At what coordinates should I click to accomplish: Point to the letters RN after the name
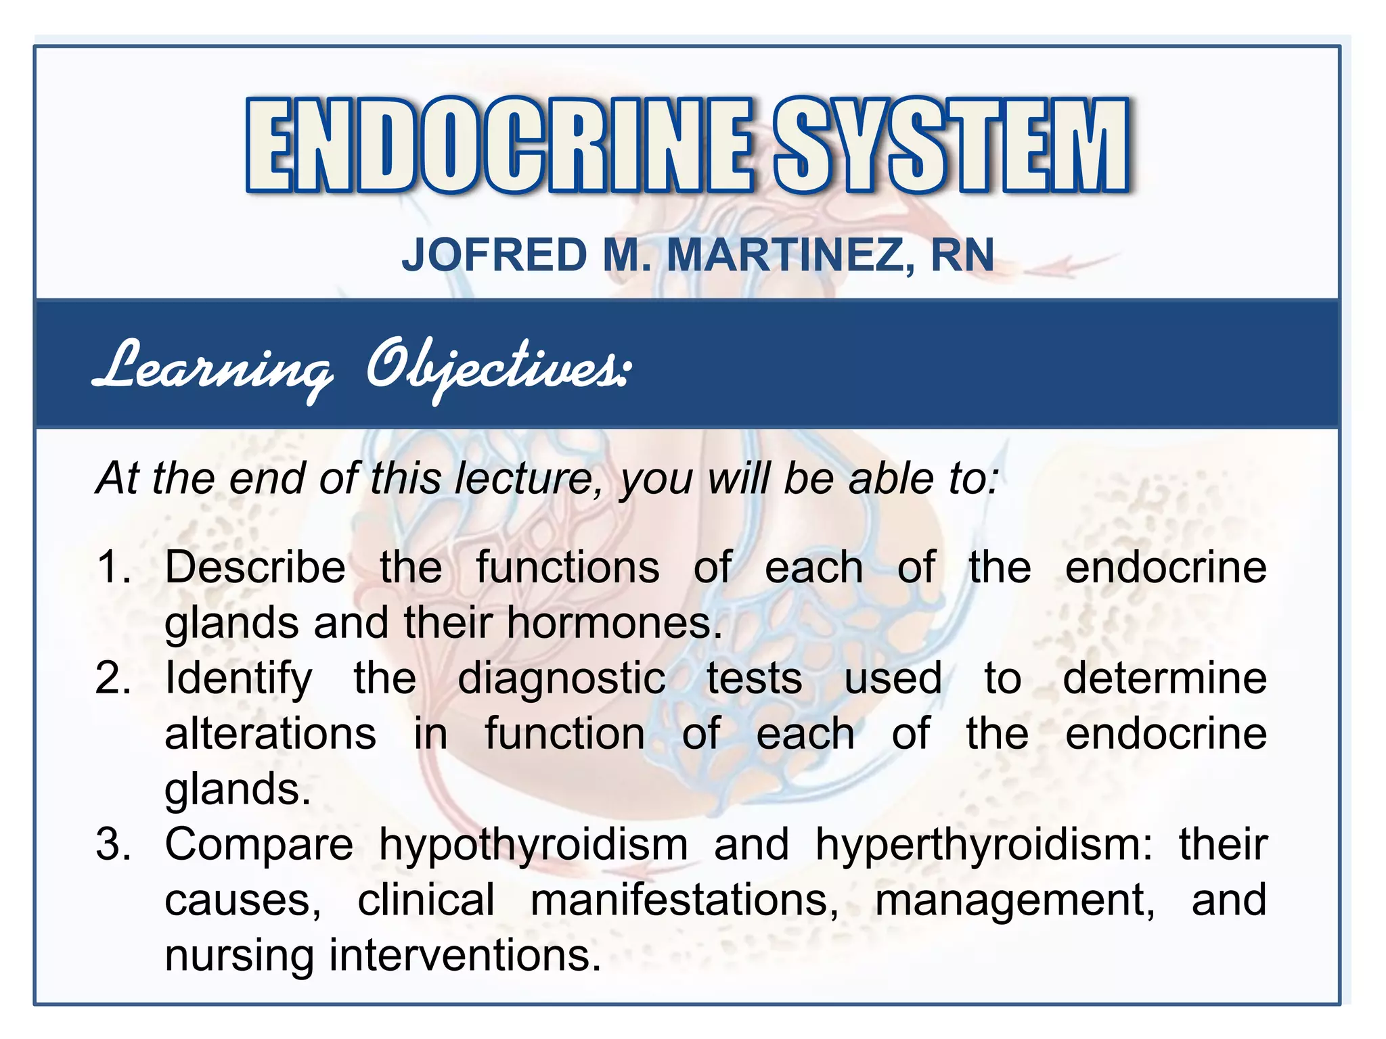[962, 255]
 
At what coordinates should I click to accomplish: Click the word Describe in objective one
[255, 566]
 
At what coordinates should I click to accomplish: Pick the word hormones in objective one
[614, 622]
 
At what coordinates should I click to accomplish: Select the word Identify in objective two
[238, 679]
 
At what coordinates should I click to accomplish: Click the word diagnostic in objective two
[562, 679]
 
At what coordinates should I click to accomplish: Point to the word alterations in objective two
[270, 733]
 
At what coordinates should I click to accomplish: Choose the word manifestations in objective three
[684, 900]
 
